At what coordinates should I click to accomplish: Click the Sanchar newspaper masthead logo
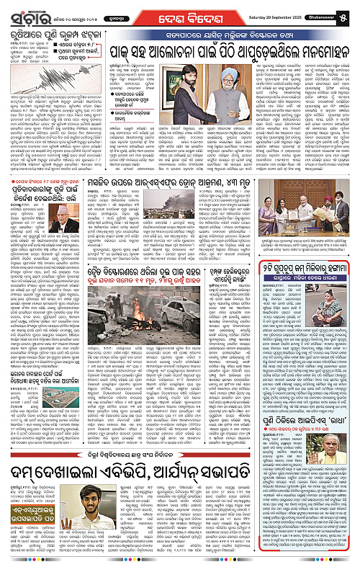point(24,9)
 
